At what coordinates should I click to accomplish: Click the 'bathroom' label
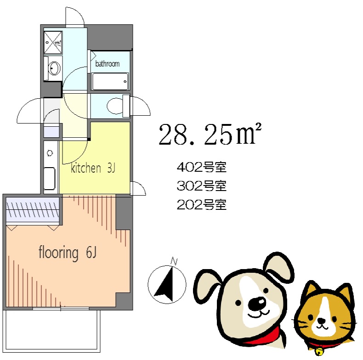107,64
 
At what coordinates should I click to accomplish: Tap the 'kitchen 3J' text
92,169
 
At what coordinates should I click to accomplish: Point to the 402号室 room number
202,167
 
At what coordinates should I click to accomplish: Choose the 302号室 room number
202,186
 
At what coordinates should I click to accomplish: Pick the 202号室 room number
202,205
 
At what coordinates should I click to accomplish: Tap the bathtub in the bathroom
110,83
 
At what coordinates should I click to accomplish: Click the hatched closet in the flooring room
33,210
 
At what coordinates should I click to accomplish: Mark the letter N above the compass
174,262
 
